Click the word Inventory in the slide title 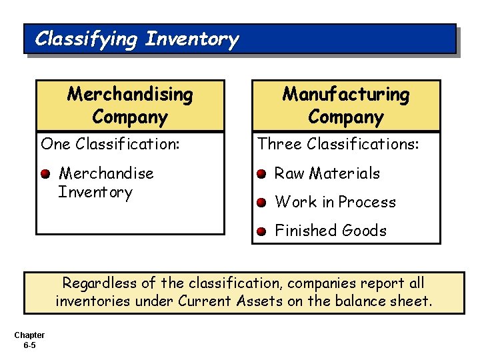click(x=191, y=39)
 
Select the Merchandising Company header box click(x=130, y=105)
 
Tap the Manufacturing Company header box click(x=345, y=105)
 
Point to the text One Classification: click(x=110, y=144)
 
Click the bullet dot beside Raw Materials click(x=262, y=175)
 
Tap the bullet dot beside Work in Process click(x=262, y=203)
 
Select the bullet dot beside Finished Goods click(x=262, y=232)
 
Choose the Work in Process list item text click(x=335, y=202)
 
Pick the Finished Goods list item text click(x=331, y=231)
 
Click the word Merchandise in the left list click(x=107, y=173)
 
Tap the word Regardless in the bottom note click(x=97, y=283)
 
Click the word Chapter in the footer click(x=29, y=335)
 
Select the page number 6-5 click(x=29, y=345)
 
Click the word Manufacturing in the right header click(x=346, y=95)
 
